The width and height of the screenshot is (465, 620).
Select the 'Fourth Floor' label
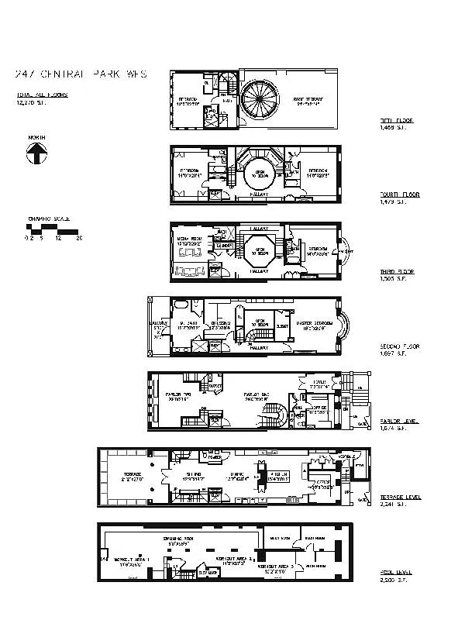(x=400, y=195)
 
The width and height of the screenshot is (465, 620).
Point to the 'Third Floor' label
(x=397, y=272)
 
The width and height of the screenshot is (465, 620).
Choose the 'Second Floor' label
(x=400, y=346)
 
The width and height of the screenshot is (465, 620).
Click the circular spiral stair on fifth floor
(x=261, y=102)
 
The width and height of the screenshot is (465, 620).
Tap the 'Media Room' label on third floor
(x=191, y=241)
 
